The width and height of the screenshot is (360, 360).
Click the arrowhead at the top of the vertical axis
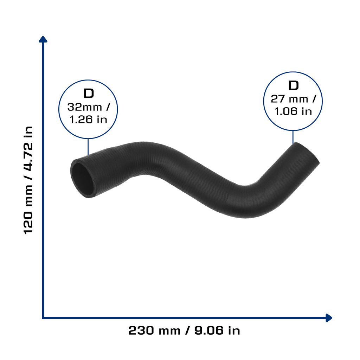43,39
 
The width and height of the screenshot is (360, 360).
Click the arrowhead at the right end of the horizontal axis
329,318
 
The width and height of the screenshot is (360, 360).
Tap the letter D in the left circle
89,94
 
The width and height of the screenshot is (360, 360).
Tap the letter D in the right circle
293,85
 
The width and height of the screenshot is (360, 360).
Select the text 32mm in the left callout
84,107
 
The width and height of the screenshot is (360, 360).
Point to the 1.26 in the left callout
81,120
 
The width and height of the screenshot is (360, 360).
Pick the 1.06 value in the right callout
285,111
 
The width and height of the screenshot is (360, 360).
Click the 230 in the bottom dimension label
141,330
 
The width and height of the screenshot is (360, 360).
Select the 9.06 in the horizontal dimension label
209,330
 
